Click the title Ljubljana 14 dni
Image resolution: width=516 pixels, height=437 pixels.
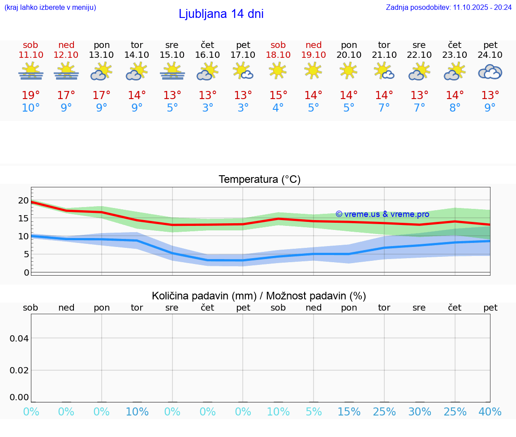(x=221, y=14)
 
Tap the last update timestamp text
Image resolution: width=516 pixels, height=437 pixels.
(x=449, y=7)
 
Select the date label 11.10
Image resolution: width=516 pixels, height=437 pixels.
(x=31, y=55)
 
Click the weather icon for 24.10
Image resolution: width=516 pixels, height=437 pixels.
(x=490, y=72)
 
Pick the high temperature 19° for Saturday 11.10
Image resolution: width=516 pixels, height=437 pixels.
(x=31, y=95)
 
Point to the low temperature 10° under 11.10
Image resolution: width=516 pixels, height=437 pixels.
(x=31, y=108)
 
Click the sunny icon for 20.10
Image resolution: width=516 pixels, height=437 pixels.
(x=348, y=70)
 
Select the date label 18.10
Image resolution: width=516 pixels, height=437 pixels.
(x=278, y=55)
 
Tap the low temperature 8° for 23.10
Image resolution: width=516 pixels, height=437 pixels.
(x=455, y=108)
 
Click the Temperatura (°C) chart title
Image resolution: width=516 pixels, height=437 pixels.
(x=259, y=180)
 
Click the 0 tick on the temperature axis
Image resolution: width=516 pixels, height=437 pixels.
(x=26, y=272)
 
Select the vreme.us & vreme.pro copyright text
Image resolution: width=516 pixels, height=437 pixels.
(x=383, y=214)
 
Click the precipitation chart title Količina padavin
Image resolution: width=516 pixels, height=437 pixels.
(x=259, y=296)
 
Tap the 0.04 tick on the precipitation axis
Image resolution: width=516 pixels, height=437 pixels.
(x=19, y=338)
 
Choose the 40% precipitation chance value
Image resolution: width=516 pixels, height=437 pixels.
(x=490, y=412)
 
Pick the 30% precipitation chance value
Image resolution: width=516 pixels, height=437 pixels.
(x=419, y=412)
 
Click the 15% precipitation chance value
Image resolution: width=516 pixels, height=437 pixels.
(x=348, y=412)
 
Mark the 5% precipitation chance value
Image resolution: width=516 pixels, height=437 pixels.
(x=314, y=412)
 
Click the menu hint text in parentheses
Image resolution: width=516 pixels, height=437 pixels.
(x=50, y=7)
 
